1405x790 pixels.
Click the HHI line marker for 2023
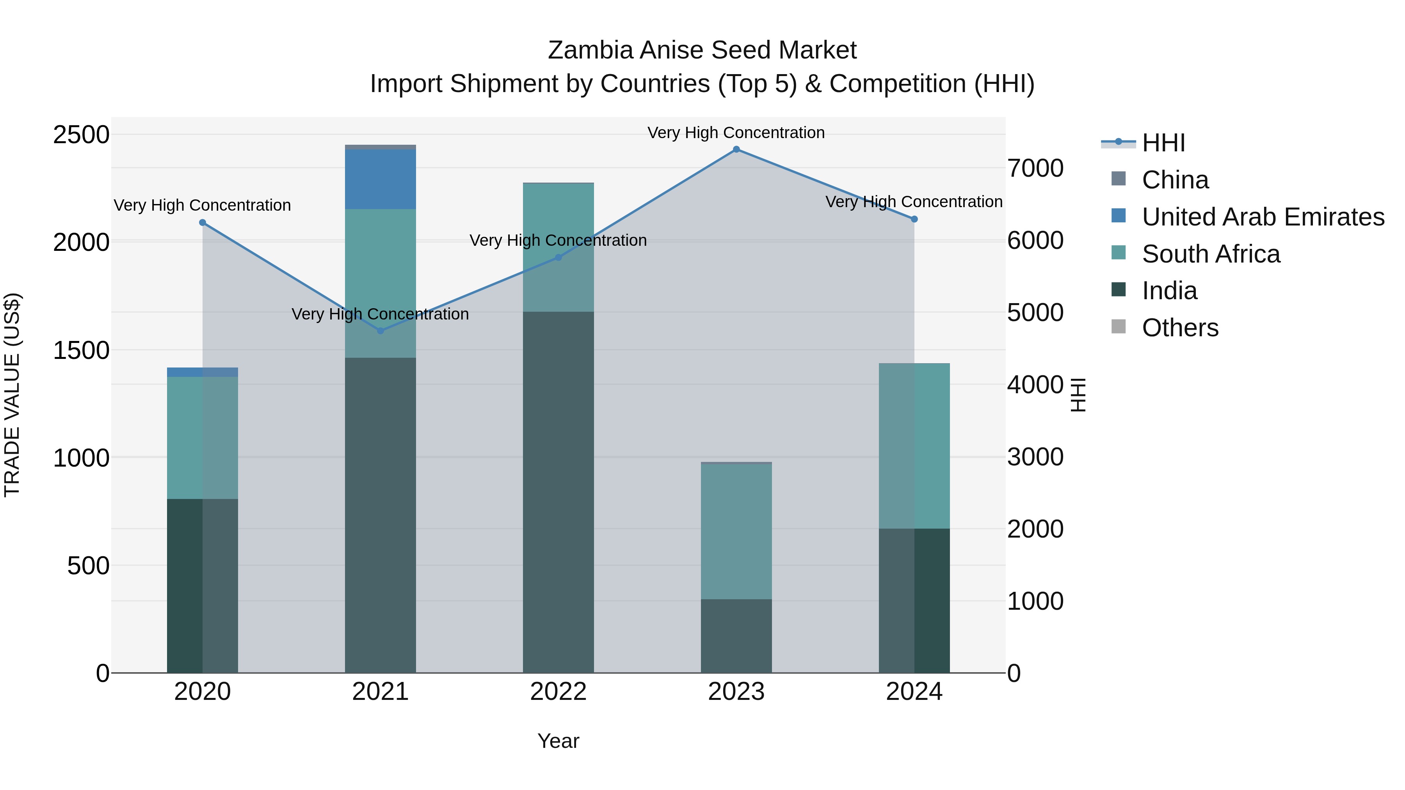(736, 149)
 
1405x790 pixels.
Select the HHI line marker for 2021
(381, 331)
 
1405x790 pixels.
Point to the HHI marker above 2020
(202, 222)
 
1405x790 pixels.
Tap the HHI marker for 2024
(915, 219)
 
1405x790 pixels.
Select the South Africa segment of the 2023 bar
(736, 532)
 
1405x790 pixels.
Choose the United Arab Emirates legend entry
(1263, 217)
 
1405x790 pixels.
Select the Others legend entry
(1180, 328)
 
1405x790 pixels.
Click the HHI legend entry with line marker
(1163, 143)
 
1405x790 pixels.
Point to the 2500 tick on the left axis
(81, 135)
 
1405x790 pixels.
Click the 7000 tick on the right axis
(1035, 169)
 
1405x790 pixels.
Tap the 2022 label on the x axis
(558, 692)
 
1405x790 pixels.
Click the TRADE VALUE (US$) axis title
(12, 395)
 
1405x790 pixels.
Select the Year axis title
(558, 741)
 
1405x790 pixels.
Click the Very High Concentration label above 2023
(736, 133)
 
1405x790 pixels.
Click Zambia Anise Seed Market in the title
(702, 50)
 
